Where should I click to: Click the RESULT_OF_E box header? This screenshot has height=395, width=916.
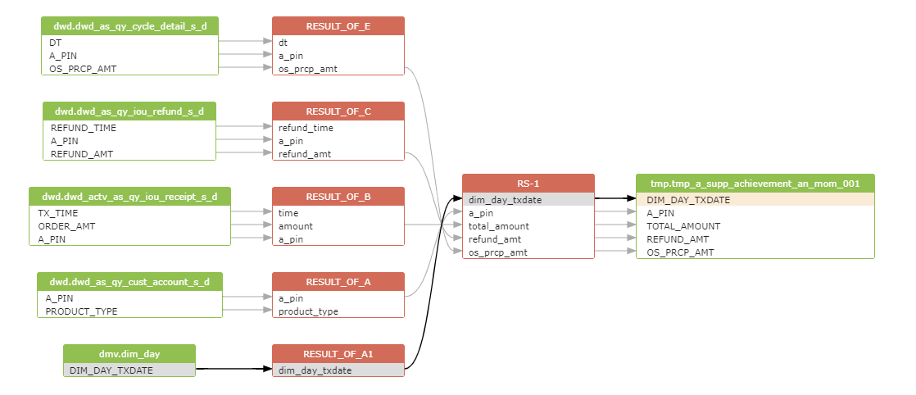click(338, 26)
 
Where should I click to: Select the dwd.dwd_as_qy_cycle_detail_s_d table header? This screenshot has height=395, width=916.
click(129, 26)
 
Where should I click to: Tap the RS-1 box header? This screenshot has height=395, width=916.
click(528, 184)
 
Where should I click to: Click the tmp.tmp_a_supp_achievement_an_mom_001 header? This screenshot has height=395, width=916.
click(755, 184)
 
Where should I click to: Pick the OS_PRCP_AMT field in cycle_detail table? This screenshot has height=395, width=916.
click(83, 69)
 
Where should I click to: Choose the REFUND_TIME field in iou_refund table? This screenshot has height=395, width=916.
click(84, 128)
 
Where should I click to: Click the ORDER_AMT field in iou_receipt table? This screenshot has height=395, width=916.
click(67, 226)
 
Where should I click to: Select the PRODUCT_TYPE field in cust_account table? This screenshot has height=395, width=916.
click(82, 311)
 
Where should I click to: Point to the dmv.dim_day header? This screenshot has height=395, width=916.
click(129, 354)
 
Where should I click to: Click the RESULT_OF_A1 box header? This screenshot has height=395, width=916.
click(338, 354)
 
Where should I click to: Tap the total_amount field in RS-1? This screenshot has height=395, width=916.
click(499, 226)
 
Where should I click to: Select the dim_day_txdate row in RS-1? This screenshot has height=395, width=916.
click(505, 200)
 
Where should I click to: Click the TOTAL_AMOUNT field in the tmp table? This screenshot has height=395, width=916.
click(683, 226)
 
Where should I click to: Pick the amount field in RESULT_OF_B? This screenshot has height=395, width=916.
click(296, 226)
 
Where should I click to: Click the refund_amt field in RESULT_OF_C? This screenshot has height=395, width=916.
click(306, 154)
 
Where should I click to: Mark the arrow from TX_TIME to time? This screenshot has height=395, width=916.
click(252, 213)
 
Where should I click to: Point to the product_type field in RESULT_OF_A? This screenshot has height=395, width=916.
click(308, 311)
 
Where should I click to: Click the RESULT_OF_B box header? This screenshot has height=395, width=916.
click(338, 197)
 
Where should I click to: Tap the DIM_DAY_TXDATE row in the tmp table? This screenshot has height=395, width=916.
click(688, 200)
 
